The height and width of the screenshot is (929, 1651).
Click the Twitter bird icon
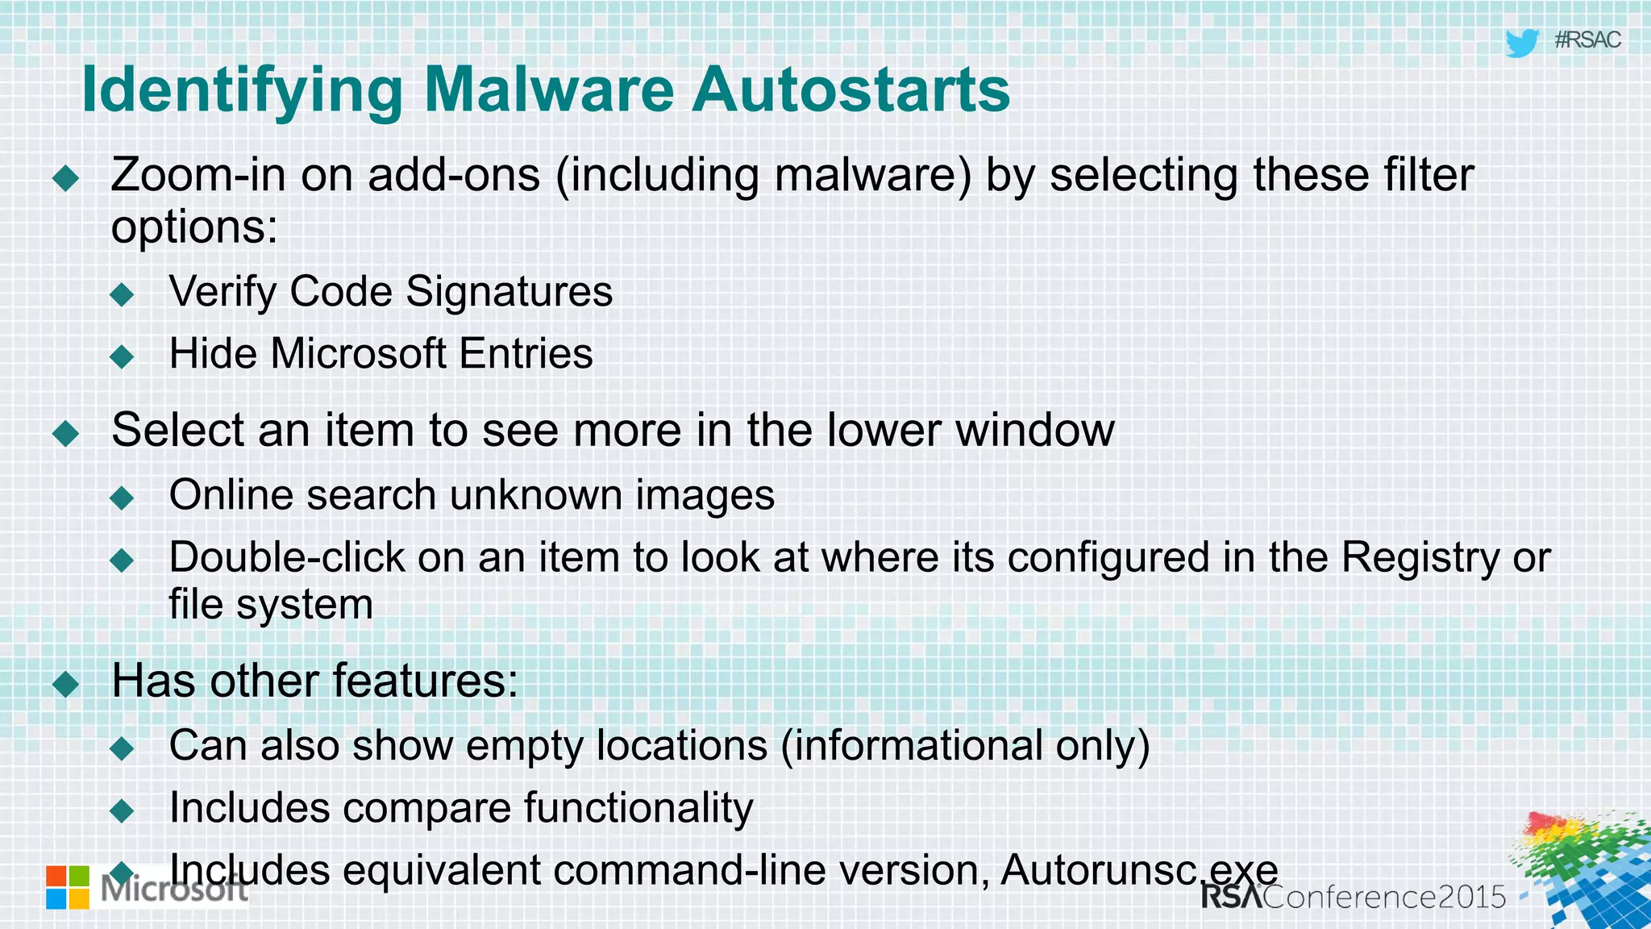click(x=1522, y=43)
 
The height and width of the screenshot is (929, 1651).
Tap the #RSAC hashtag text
click(x=1587, y=40)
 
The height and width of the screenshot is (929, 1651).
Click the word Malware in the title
click(x=548, y=90)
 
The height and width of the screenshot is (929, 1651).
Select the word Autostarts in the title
click(x=850, y=90)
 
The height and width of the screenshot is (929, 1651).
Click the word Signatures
click(x=509, y=291)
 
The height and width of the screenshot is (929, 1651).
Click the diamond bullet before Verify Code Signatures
click(x=122, y=294)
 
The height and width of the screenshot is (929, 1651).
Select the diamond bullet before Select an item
click(x=65, y=433)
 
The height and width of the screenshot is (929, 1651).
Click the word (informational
click(x=912, y=745)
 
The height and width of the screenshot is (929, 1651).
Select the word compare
click(x=427, y=808)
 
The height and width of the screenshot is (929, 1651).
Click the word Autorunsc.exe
click(x=1139, y=871)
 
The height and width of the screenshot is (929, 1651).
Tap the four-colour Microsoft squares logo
click(x=68, y=887)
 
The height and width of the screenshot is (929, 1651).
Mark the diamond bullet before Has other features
click(x=65, y=685)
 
